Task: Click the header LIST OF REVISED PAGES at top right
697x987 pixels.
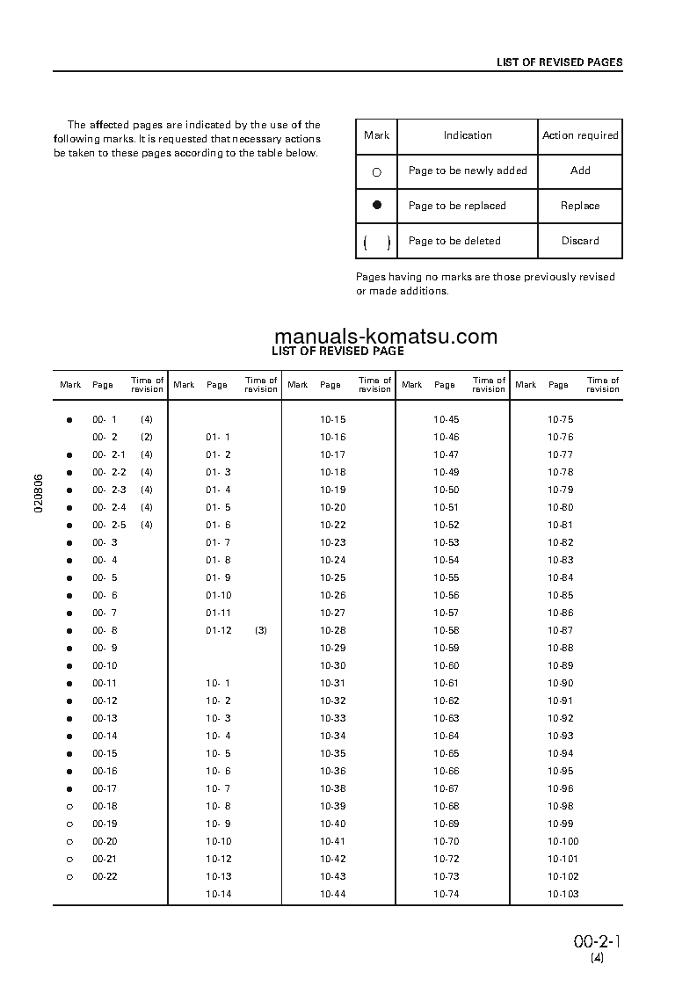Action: [x=559, y=62]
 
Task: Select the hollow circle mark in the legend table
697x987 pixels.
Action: [x=377, y=172]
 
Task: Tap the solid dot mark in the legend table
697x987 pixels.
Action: [x=377, y=205]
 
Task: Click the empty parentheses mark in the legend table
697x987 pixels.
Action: [x=377, y=242]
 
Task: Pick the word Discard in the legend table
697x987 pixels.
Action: [x=580, y=241]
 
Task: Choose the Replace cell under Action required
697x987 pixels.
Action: [x=580, y=206]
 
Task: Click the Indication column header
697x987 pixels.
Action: [x=468, y=135]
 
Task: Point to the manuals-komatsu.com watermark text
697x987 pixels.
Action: [x=386, y=337]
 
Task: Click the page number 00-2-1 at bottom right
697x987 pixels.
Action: [x=598, y=941]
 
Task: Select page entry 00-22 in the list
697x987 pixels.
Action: [x=105, y=876]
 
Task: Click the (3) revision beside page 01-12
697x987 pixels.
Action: [x=260, y=630]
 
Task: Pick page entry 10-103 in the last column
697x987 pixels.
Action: [x=563, y=894]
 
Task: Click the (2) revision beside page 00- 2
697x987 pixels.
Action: [x=147, y=437]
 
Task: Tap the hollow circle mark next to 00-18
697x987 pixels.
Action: [x=69, y=806]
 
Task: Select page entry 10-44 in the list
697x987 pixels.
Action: [x=332, y=894]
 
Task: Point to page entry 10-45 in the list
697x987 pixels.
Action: [x=447, y=419]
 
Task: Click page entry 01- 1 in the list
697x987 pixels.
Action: [x=218, y=437]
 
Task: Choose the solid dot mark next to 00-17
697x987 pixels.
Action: [x=69, y=788]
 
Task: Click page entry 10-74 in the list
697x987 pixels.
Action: [x=447, y=894]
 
